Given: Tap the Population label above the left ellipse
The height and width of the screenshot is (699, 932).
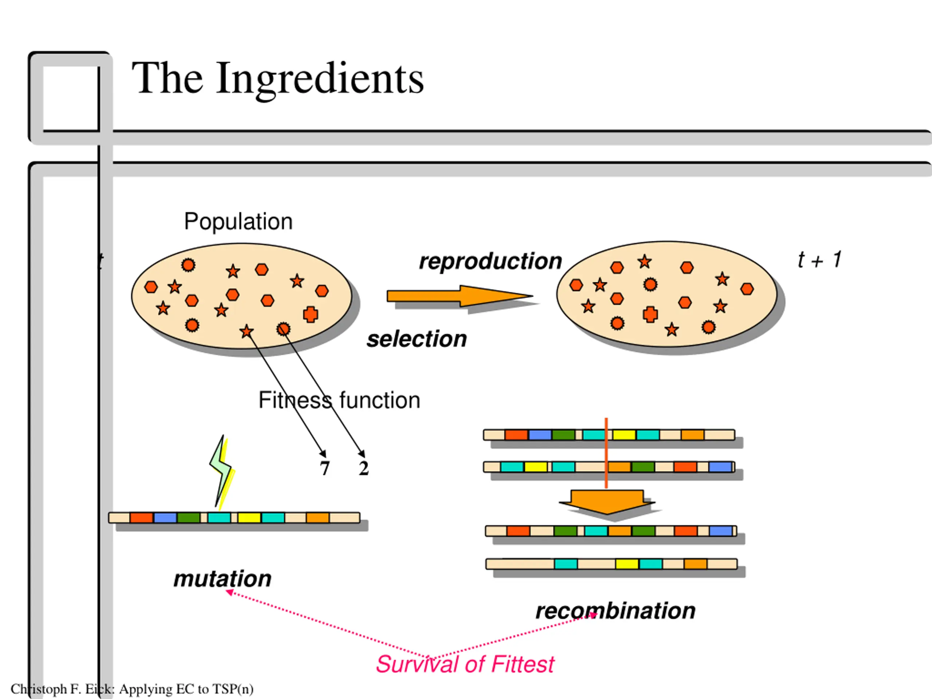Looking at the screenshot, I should point(238,222).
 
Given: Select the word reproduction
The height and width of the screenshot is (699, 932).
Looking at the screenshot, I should point(490,261).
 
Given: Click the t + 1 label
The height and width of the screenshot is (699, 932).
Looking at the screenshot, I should point(819,260).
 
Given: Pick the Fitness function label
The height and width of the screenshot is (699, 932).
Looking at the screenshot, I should point(339,400).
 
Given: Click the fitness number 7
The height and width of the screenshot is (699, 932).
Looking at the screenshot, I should point(324,469).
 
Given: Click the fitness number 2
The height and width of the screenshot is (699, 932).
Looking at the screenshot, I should point(364,469).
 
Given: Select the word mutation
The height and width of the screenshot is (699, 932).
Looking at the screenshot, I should point(222,578).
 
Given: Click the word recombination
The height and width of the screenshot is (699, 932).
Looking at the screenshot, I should point(615,611).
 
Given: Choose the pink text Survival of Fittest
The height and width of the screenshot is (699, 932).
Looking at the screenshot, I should point(465,664).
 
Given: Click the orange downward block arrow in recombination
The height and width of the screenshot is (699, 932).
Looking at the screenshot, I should point(607,501).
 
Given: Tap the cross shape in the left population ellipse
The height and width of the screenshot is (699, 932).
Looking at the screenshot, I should point(311,314).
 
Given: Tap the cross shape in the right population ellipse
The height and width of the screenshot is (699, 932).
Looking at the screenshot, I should point(650,314).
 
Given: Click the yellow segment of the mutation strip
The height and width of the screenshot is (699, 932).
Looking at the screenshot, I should point(249,517).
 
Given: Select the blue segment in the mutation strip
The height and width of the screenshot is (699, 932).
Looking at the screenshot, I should point(165,517).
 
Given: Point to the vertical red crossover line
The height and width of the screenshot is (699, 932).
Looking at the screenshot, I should point(606,453).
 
